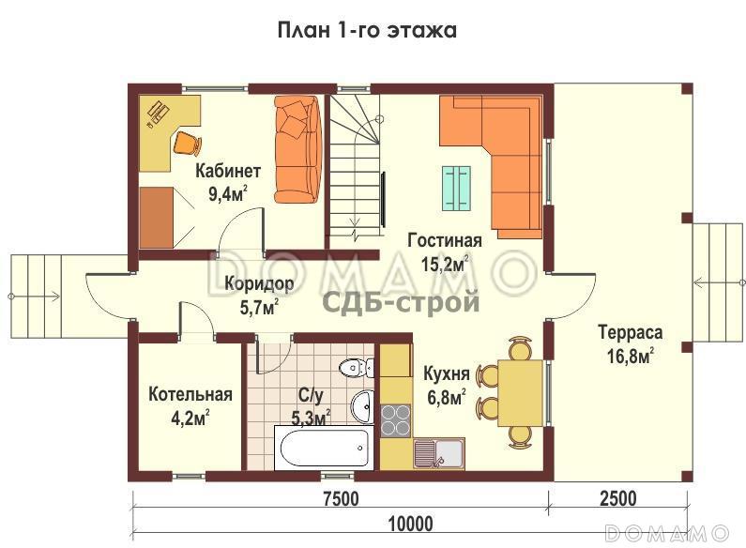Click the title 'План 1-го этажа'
tap(367, 30)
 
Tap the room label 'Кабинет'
tap(227, 171)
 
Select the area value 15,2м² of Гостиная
tap(444, 264)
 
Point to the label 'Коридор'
tap(260, 282)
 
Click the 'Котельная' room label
tap(190, 394)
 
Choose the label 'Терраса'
tap(630, 332)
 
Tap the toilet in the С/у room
tap(353, 367)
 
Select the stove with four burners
tap(395, 419)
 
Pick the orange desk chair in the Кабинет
tap(187, 143)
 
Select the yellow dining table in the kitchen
tap(519, 392)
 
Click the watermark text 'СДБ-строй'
tap(402, 303)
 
